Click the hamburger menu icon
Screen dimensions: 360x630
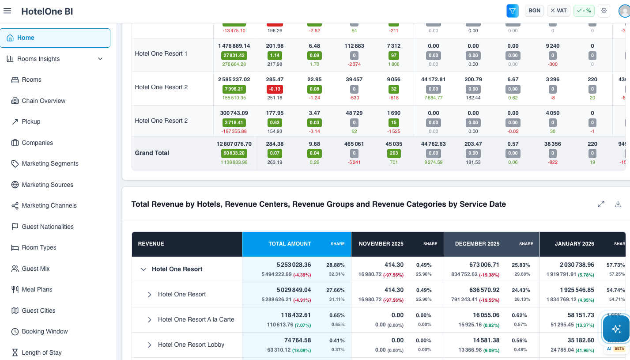point(7,11)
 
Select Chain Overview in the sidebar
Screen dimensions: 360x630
point(43,101)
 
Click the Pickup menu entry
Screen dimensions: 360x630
point(31,121)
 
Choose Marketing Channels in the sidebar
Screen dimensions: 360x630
point(49,205)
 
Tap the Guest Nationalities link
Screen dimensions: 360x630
point(48,227)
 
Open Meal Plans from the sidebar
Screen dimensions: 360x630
point(37,289)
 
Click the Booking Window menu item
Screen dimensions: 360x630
point(45,331)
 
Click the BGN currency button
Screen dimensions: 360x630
point(534,11)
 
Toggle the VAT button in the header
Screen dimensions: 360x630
point(558,11)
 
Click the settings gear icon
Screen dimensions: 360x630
point(604,11)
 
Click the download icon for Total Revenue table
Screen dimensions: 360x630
point(618,204)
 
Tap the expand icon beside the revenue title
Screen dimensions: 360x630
point(601,204)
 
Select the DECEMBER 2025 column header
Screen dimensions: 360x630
point(477,244)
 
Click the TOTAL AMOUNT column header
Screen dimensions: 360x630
point(290,244)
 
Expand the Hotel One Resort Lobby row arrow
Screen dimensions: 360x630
point(149,345)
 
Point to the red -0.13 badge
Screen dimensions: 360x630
point(275,89)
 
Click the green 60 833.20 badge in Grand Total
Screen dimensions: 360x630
point(234,153)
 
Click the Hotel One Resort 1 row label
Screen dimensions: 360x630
point(161,53)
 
